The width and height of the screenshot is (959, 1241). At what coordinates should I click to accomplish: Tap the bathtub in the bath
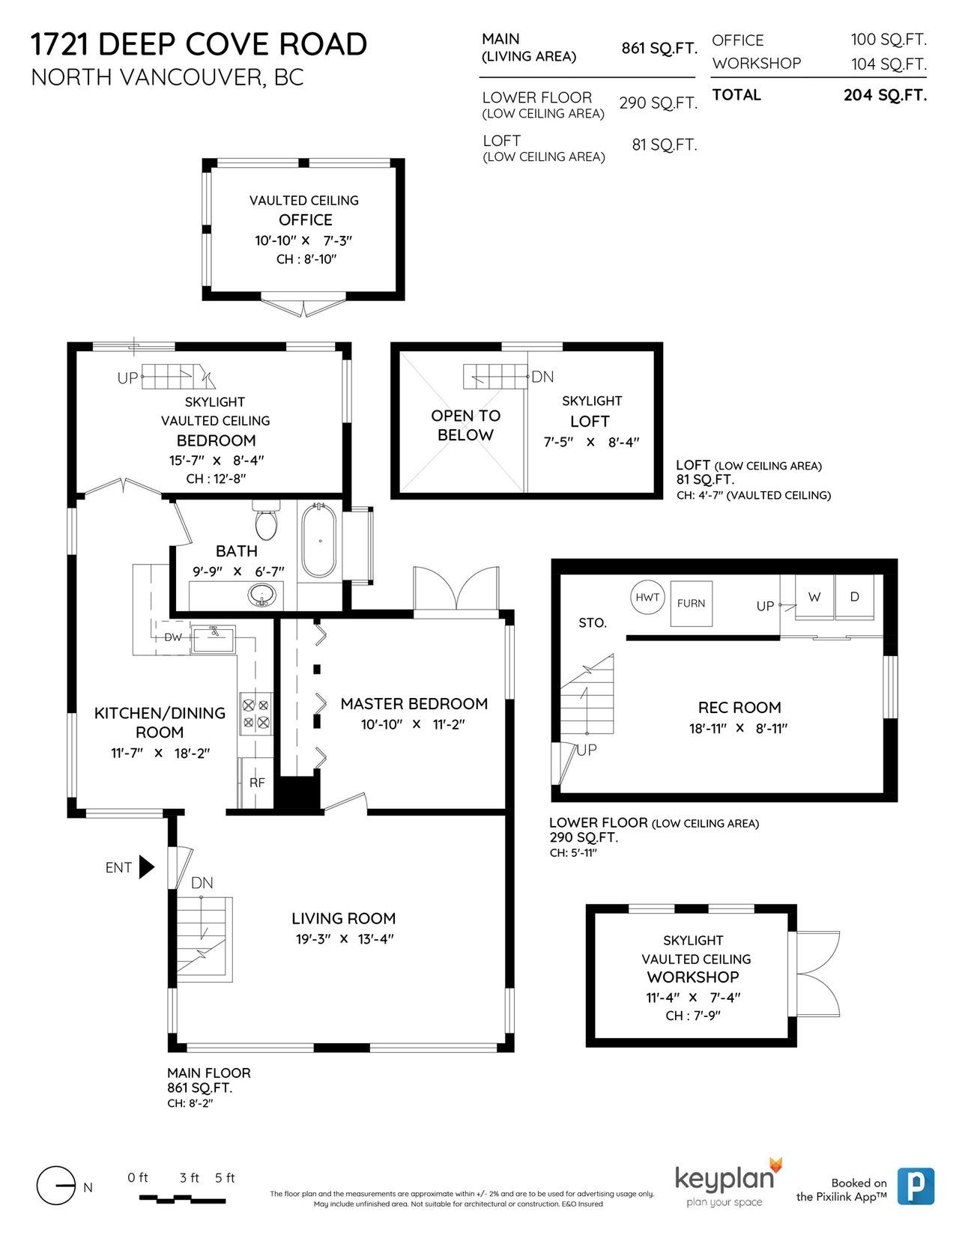tap(320, 540)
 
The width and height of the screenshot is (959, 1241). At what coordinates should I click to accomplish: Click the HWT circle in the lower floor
tap(647, 597)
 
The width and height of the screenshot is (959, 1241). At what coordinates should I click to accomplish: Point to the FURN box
tap(691, 603)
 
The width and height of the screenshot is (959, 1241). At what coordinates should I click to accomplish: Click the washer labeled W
tap(814, 597)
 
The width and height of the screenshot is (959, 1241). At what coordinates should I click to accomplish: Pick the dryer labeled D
tap(855, 597)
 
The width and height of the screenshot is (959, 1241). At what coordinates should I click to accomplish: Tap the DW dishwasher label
tap(173, 637)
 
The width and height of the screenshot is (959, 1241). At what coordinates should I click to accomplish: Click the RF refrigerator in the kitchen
tap(257, 783)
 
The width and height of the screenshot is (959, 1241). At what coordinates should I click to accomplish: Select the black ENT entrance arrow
tap(147, 867)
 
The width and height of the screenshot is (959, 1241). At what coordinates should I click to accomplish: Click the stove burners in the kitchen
tap(255, 714)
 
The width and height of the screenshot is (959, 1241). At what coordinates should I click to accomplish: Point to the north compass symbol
tap(57, 1186)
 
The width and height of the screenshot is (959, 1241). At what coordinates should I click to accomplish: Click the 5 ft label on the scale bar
tap(225, 1177)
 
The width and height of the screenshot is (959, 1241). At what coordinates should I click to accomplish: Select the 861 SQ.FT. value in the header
tap(659, 49)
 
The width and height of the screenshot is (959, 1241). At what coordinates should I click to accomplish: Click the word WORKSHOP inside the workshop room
tap(693, 977)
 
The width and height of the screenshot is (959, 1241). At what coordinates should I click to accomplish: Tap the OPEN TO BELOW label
tap(465, 425)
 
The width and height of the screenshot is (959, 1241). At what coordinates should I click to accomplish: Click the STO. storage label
tap(593, 623)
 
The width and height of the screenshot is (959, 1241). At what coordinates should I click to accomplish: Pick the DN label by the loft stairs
tap(542, 377)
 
